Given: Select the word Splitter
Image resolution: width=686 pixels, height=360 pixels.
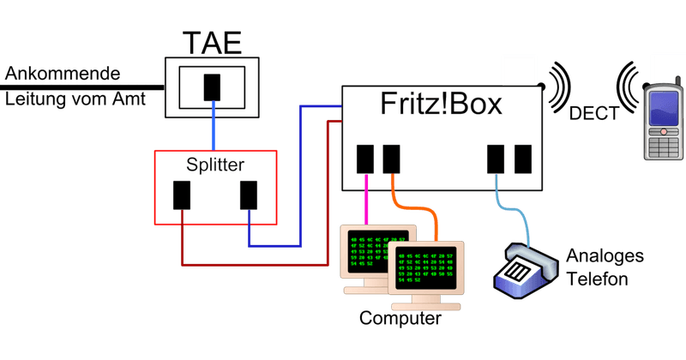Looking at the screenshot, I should pos(215,163).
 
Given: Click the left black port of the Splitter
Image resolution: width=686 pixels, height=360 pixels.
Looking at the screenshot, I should pos(182,195).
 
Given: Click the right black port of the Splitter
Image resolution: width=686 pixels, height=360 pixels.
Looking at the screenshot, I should pos(249,195).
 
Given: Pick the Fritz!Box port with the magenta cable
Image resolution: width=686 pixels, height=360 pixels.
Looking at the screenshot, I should pos(365,159).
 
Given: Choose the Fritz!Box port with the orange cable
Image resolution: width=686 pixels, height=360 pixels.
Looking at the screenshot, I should pos(391,159).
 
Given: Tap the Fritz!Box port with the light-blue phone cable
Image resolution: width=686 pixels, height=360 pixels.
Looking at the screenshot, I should pos(496,159).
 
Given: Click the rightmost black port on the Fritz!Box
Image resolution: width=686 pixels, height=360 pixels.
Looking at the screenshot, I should pos(522,159).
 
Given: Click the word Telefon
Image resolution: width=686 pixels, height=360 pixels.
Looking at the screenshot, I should pos(597,279).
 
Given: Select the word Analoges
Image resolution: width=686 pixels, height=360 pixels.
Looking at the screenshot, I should pos(604,258).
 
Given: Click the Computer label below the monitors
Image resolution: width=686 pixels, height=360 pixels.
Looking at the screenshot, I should pos(400,319).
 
